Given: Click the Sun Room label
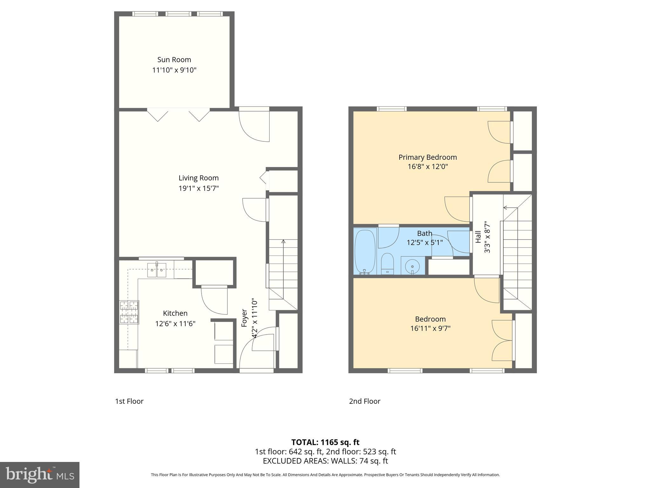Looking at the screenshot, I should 174,60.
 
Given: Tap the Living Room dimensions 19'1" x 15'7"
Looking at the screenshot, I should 198,188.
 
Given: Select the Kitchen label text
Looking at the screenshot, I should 175,313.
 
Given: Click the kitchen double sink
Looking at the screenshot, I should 157,270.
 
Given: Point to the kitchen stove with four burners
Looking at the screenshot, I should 129,312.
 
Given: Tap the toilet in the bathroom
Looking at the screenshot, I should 387,263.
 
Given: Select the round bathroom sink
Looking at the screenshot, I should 412,266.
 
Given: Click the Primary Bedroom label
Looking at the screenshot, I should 428,157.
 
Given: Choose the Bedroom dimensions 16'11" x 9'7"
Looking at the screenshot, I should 430,328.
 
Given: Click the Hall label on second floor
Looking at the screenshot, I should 478,237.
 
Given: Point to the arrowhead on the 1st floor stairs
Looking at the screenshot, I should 283,242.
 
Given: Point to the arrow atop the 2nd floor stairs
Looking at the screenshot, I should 505,208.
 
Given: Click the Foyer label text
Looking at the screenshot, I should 244,318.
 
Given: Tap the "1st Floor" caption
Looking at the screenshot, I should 129,401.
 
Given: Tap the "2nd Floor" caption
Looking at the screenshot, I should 365,401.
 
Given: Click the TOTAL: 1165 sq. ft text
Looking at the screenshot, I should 325,442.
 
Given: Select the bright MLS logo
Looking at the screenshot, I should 40,475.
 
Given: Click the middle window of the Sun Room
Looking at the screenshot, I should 178,14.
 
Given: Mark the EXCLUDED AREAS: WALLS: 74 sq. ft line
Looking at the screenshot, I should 325,461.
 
